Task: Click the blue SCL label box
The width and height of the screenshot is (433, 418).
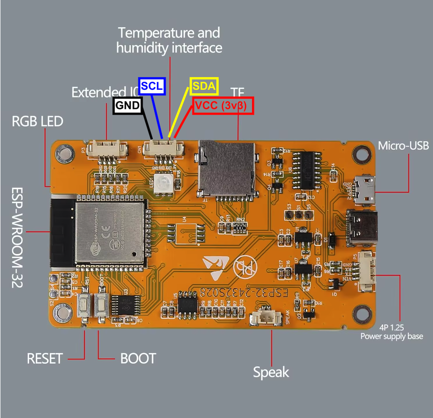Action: coord(152,86)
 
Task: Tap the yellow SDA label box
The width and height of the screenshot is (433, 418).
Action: coord(204,86)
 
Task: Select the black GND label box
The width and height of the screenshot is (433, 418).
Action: coord(128,105)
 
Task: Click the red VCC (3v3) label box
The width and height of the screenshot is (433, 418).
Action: coord(223,105)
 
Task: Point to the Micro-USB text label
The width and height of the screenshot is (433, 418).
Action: coord(403,146)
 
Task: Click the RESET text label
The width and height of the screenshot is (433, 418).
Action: coord(45,358)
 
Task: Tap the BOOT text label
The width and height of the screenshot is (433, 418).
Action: coord(138,358)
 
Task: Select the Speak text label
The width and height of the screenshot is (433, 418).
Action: coord(271,372)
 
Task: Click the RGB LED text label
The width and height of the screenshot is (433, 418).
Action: coord(37,122)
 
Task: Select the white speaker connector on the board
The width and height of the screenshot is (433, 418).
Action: coord(266,318)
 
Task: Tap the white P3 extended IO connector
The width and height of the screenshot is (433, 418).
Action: coord(107,149)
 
